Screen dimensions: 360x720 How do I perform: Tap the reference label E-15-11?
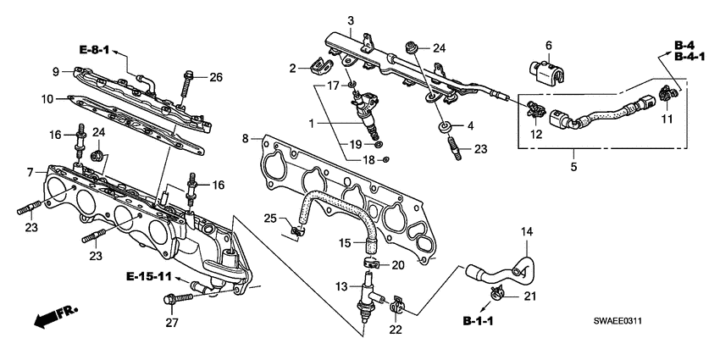click(152, 277)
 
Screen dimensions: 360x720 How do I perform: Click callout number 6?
click(548, 44)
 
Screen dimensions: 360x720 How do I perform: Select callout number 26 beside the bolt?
click(216, 79)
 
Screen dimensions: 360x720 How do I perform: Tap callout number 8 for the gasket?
click(245, 138)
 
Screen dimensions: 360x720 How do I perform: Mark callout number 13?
click(342, 288)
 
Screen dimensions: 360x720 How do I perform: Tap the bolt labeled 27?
click(181, 297)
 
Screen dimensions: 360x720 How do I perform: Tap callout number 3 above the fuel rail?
click(350, 19)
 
